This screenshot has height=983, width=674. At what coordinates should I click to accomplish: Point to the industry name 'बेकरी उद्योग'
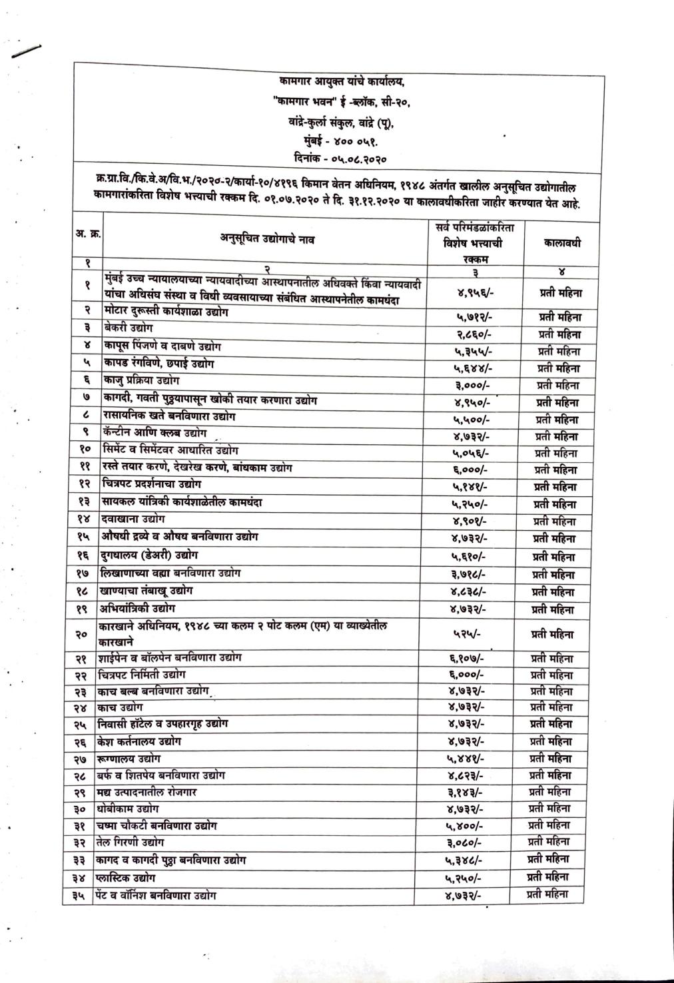[129, 328]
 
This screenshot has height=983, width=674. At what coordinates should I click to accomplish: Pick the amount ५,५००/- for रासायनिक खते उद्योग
[470, 420]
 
